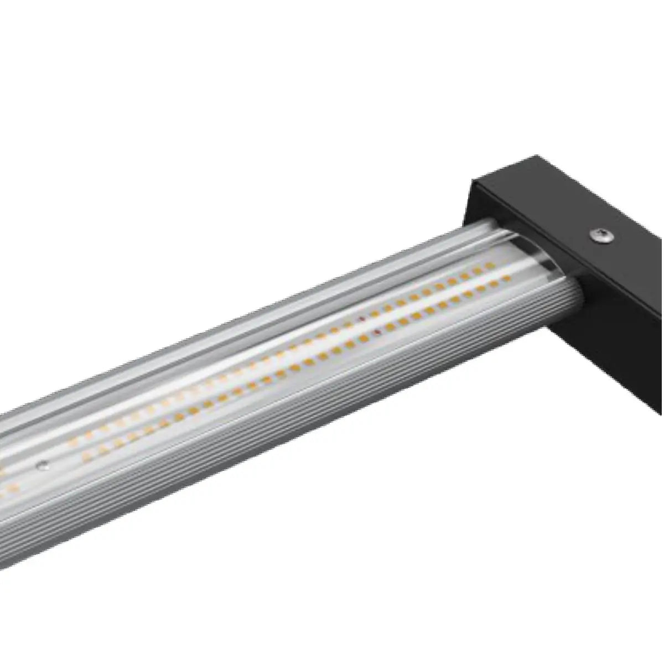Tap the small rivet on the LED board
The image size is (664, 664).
(x=39, y=466)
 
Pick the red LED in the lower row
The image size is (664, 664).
(x=377, y=332)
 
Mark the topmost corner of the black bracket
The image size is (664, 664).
(x=536, y=157)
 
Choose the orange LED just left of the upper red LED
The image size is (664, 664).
(x=349, y=324)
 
